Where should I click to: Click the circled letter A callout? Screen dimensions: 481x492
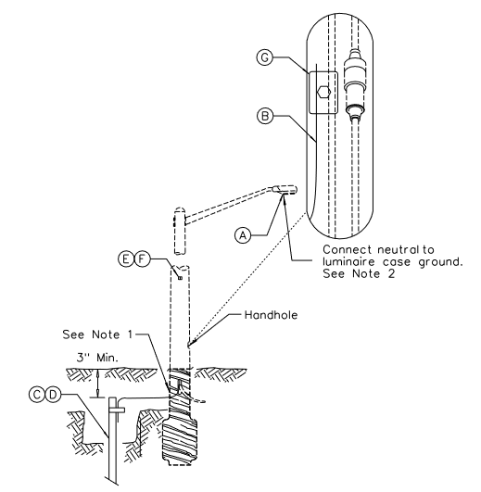(243, 235)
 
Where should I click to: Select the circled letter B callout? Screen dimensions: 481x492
(265, 116)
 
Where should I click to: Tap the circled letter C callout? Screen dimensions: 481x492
(37, 395)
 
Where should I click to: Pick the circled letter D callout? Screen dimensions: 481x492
(53, 395)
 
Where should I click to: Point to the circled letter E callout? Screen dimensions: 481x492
(126, 259)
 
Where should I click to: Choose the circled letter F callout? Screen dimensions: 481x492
(142, 259)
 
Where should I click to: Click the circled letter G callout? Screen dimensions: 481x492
(265, 57)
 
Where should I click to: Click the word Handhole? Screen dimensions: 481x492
(271, 315)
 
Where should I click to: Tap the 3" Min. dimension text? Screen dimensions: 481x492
(98, 358)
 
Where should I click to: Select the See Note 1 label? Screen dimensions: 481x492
(97, 334)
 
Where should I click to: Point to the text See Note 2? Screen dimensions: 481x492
(359, 273)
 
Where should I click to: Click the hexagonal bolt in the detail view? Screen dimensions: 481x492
(323, 93)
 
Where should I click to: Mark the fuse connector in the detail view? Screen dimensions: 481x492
(355, 84)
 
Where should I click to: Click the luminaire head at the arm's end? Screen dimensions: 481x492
(285, 190)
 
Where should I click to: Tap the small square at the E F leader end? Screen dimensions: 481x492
(180, 278)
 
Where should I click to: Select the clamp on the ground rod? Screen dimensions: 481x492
(117, 410)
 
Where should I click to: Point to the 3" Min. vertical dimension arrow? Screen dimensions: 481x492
(98, 384)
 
